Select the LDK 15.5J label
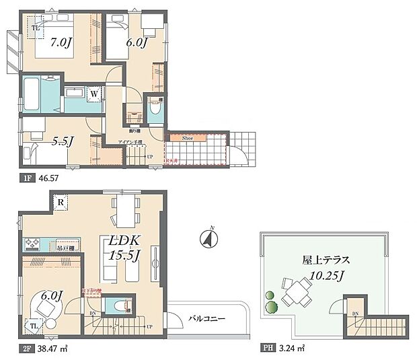pyautogui.click(x=122, y=246)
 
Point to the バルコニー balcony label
pyautogui.click(x=206, y=318)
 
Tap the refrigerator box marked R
pyautogui.click(x=61, y=201)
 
